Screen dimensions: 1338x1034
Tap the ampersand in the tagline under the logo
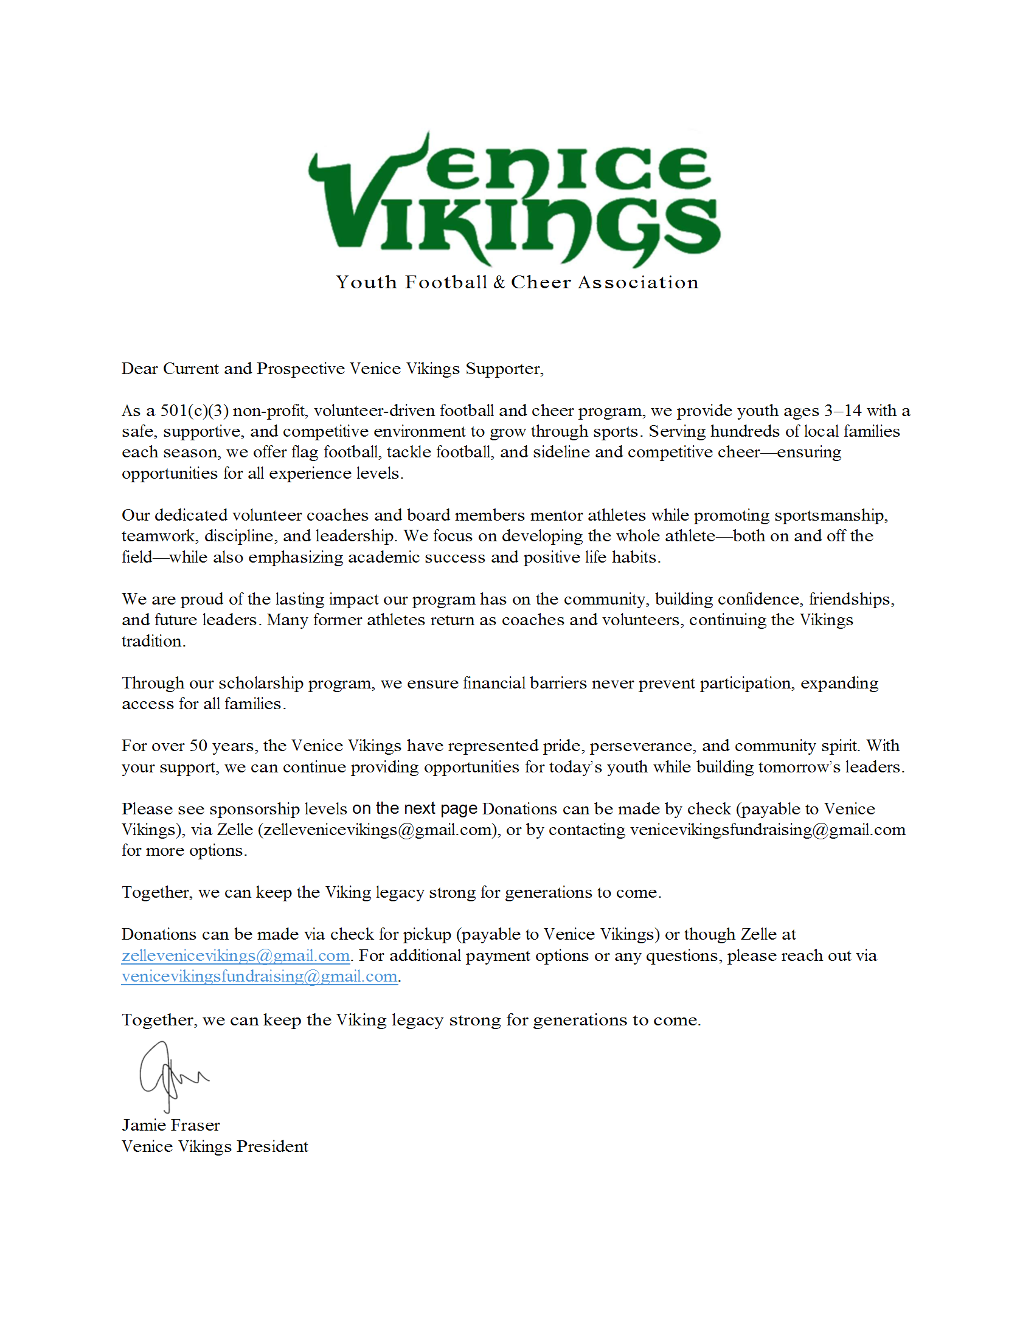499,282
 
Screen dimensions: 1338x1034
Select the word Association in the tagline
637,282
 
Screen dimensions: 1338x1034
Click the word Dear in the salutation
140,368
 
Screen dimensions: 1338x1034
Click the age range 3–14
842,411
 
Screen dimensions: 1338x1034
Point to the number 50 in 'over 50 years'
198,746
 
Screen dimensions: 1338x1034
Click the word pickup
427,934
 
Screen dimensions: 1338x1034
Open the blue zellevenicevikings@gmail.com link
236,955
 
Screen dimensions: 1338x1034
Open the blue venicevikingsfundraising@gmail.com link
260,977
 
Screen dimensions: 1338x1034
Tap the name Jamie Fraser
170,1125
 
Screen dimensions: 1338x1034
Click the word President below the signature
272,1146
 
